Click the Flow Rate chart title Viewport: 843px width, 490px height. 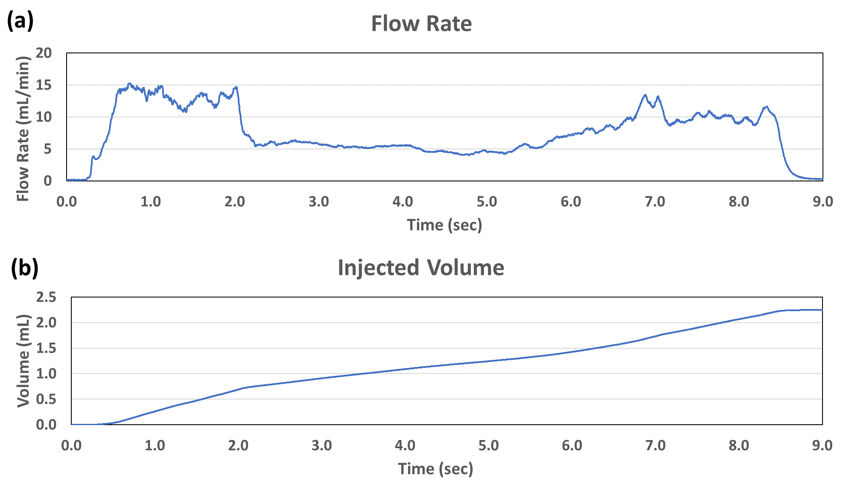[421, 23]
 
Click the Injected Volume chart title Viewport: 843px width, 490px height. [421, 268]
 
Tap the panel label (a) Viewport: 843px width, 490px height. [20, 20]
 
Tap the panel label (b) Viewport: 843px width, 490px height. [24, 268]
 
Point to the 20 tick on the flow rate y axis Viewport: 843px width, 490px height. [44, 53]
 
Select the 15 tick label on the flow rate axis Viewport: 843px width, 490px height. [44, 85]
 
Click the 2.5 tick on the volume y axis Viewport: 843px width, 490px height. [46, 297]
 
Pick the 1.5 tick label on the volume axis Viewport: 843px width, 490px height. [46, 348]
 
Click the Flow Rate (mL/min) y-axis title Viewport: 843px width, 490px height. [23, 128]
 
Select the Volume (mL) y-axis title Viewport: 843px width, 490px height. [23, 361]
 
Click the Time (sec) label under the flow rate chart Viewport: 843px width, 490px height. [444, 225]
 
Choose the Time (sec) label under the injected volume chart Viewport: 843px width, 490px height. [435, 469]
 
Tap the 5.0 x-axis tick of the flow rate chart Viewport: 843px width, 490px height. [487, 201]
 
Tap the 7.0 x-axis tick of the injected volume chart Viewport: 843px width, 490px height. [655, 446]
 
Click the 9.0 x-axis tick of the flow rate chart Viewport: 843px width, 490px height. [823, 201]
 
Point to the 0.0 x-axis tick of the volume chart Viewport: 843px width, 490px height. [71, 446]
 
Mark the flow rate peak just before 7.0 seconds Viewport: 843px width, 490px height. [645, 95]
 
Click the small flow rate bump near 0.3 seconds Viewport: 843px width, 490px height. [93, 157]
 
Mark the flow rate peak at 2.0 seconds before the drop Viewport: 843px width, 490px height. [236, 87]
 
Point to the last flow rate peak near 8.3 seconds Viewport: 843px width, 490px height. [767, 107]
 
